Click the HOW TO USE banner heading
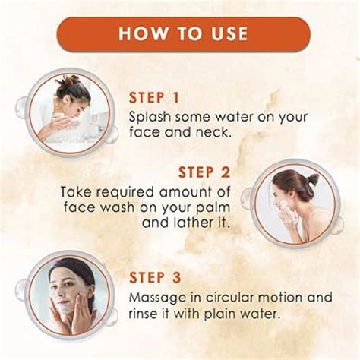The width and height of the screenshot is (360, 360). [x=182, y=34]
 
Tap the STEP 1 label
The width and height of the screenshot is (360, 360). [x=161, y=98]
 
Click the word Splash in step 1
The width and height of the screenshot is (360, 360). [x=149, y=117]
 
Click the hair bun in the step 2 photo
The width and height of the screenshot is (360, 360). [x=312, y=180]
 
